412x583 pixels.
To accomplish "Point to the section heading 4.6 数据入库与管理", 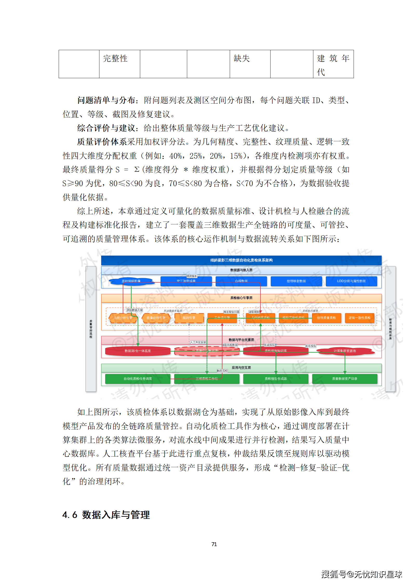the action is [x=106, y=514].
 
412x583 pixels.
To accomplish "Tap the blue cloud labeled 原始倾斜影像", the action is [x=131, y=281].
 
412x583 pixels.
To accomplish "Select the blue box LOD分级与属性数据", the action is [x=351, y=281].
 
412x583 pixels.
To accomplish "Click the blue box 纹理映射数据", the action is [x=296, y=281].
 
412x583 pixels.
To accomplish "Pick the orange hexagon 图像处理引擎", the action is [x=156, y=318].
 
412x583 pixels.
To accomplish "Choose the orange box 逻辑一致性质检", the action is [x=359, y=318].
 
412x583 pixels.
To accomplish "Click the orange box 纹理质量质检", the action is [x=326, y=318].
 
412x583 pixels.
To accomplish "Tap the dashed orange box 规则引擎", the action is [x=189, y=318].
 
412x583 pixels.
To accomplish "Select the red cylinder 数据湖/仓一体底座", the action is [x=138, y=351].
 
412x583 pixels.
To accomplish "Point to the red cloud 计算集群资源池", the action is [x=345, y=351].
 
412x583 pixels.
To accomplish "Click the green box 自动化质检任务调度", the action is [x=138, y=379].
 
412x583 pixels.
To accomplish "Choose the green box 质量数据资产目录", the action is [x=345, y=379].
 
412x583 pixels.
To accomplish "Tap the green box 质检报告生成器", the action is [x=276, y=379].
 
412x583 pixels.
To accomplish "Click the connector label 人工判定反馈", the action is [x=198, y=342].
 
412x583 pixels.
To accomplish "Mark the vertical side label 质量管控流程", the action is [x=91, y=329].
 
